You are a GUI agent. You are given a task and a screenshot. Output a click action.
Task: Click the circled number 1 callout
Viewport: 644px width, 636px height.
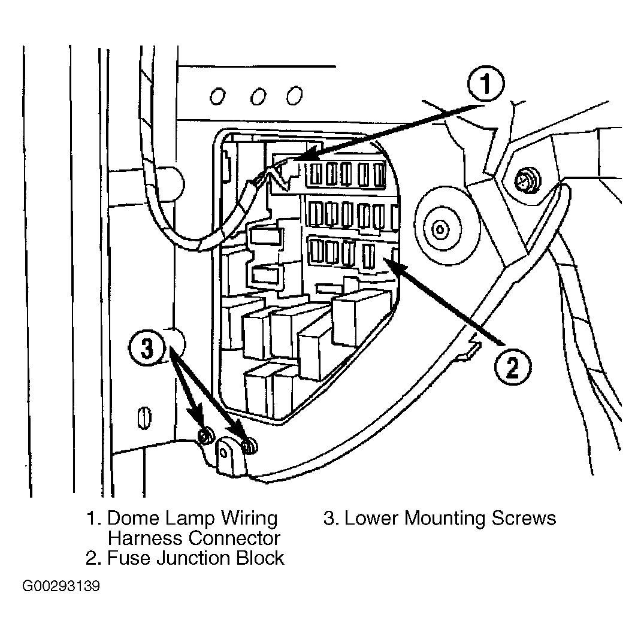(x=486, y=84)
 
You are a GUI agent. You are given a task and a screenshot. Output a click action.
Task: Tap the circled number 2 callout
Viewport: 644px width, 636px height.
(x=513, y=367)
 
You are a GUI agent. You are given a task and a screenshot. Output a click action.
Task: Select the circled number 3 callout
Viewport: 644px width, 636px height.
(x=147, y=347)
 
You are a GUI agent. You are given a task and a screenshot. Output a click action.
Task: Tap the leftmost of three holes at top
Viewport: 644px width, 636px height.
(x=217, y=96)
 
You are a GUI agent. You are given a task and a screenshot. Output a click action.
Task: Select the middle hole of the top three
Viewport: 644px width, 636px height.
(x=258, y=96)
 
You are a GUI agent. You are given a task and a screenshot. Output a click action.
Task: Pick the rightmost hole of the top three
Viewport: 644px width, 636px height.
(x=295, y=95)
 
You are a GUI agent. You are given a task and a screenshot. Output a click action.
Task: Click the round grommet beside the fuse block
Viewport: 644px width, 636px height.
(x=440, y=229)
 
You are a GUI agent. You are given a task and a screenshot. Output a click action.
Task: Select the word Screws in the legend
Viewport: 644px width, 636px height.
(x=524, y=519)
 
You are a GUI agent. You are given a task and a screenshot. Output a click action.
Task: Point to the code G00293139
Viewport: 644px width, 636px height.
(x=61, y=586)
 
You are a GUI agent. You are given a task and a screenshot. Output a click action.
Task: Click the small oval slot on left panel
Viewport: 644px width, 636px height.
(x=144, y=418)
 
